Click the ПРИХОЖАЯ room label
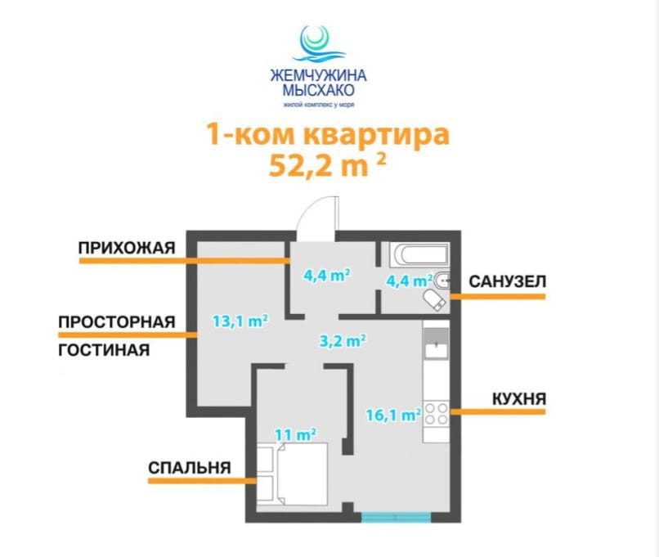[x=127, y=248]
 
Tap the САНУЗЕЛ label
[x=507, y=281]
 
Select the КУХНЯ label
[x=519, y=398]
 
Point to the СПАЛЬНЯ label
[x=190, y=468]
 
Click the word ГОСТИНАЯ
[x=104, y=350]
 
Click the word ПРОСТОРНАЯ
[x=116, y=322]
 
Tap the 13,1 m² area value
[x=240, y=321]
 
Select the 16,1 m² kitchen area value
[x=394, y=415]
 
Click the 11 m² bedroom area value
[x=295, y=434]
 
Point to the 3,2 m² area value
[x=343, y=340]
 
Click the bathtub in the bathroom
[x=419, y=255]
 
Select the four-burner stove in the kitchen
[x=437, y=413]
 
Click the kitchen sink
[x=437, y=343]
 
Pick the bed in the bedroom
[x=303, y=474]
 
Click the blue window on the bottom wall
[x=397, y=517]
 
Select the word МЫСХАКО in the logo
[x=318, y=89]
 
